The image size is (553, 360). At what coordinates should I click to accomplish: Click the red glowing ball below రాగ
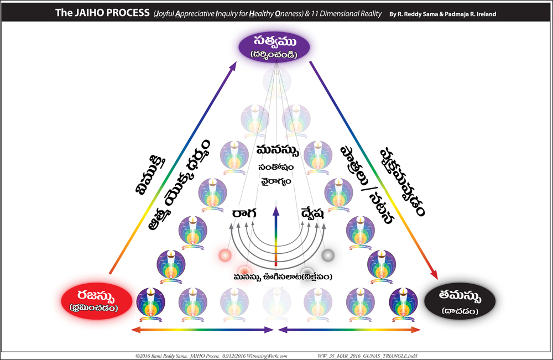point(225,255)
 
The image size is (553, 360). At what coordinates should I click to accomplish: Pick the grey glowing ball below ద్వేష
point(327,255)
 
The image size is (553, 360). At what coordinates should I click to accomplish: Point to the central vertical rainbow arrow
point(275,235)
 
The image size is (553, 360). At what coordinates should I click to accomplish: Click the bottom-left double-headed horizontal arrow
point(202,330)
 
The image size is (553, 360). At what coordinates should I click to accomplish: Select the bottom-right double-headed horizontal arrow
point(349,330)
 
